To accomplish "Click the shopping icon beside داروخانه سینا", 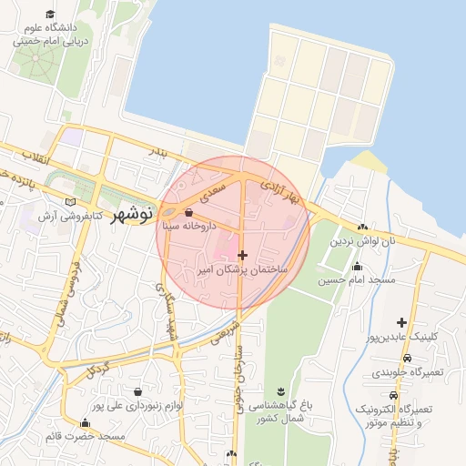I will click(188, 212).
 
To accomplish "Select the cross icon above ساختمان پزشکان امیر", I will click(241, 255).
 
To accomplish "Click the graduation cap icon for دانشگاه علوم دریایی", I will click(50, 15).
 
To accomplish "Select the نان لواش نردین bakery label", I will click(363, 241).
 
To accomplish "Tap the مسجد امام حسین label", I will click(357, 281).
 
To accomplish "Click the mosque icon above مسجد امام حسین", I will click(357, 268).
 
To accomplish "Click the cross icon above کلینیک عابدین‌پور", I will click(401, 322).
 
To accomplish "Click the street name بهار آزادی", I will click(280, 192).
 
